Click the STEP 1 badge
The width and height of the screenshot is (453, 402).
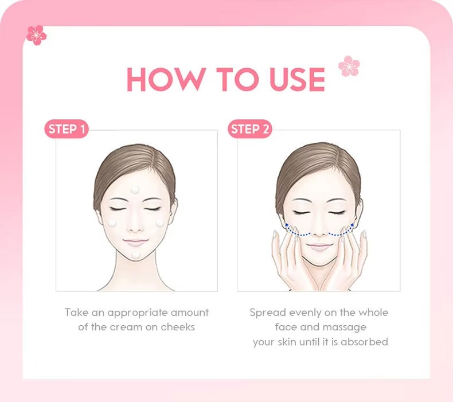click(x=67, y=129)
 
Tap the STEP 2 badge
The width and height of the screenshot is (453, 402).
click(x=250, y=129)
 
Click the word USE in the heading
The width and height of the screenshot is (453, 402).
click(x=297, y=79)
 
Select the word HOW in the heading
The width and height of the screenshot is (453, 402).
click(x=167, y=79)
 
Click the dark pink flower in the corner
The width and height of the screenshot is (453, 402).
click(x=36, y=35)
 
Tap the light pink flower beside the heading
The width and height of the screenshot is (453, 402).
click(x=349, y=66)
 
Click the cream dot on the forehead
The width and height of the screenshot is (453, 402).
click(x=135, y=190)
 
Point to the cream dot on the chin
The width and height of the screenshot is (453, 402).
click(x=136, y=255)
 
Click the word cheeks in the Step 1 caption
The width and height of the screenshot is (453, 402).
click(x=178, y=327)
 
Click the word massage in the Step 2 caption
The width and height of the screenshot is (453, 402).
click(x=344, y=327)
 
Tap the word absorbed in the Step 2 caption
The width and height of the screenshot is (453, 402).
click(x=364, y=342)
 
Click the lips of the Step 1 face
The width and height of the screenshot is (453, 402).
click(x=135, y=241)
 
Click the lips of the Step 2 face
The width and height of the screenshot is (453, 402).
click(x=319, y=247)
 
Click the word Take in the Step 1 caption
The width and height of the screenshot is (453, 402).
click(x=76, y=313)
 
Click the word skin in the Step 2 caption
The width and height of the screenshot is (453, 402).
click(x=287, y=342)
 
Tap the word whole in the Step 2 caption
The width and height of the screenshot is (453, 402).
click(x=373, y=313)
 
